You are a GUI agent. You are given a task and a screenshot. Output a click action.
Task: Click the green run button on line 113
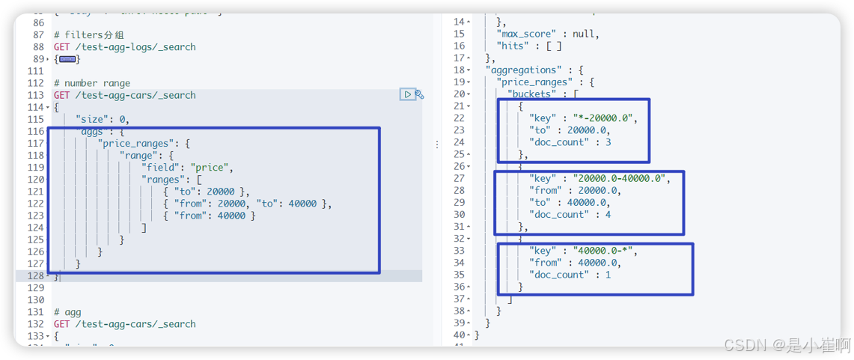click(407, 94)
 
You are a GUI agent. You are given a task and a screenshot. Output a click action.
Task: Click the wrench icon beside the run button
click(420, 94)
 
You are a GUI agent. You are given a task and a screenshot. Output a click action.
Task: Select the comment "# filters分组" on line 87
click(91, 34)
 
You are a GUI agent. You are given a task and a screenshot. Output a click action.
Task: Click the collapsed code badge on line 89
click(67, 59)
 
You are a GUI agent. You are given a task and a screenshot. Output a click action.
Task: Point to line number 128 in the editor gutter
click(34, 276)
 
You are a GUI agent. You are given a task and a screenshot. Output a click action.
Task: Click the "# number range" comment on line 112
click(92, 83)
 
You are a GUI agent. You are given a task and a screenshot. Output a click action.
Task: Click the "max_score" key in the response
click(528, 34)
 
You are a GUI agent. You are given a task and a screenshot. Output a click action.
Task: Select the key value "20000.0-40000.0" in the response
click(617, 178)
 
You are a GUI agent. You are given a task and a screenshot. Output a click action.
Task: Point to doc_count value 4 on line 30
click(608, 215)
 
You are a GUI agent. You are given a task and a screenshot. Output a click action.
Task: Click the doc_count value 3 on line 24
click(608, 142)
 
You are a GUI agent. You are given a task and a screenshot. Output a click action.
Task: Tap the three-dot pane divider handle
click(437, 144)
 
